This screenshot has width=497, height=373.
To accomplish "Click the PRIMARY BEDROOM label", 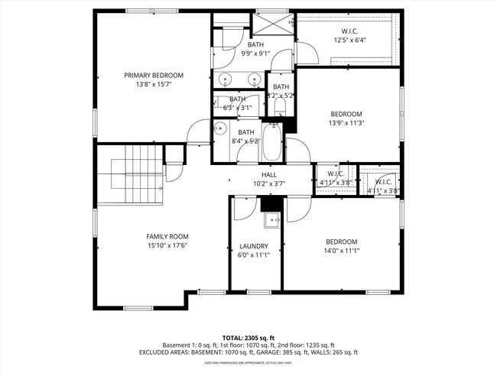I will click(x=154, y=75).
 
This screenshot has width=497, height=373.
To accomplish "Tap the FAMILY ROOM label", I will click(x=167, y=236).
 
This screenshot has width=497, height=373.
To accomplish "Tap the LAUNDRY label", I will click(x=254, y=246).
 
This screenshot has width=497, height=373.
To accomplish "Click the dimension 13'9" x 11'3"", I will click(x=346, y=123).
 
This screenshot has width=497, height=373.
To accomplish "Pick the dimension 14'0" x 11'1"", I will click(x=342, y=250).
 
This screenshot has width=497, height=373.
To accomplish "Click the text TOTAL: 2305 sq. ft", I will click(x=248, y=337).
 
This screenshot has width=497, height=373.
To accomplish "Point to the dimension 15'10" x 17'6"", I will click(x=167, y=245).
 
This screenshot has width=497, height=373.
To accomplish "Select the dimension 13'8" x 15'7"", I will click(x=154, y=84).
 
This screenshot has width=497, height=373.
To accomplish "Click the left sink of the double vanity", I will click(x=225, y=79).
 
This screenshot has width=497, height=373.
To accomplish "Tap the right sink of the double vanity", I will click(x=253, y=79).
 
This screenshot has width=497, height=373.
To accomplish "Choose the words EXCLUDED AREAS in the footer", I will click(x=164, y=353).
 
